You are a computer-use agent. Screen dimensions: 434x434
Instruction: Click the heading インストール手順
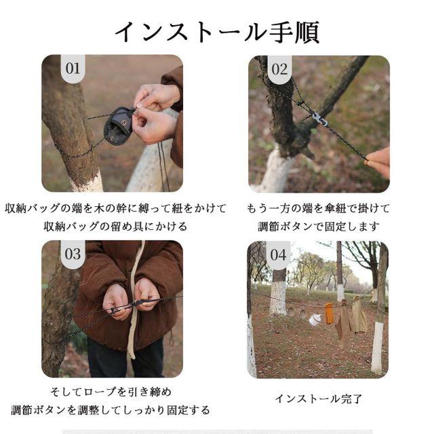click(x=218, y=33)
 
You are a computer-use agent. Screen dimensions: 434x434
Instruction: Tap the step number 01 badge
click(x=73, y=68)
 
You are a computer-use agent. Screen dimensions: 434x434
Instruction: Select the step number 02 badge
click(x=279, y=69)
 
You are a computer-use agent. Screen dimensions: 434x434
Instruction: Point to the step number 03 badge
click(x=73, y=254)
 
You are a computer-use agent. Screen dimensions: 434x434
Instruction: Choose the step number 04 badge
click(x=279, y=255)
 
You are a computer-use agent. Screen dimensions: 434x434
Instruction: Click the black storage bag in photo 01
click(x=117, y=125)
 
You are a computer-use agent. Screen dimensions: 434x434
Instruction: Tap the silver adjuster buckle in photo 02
click(x=319, y=119)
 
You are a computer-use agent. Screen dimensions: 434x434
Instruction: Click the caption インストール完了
click(x=318, y=399)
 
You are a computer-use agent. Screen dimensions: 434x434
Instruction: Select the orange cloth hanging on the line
click(x=329, y=313)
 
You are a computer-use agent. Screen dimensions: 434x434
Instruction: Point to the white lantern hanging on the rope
click(x=315, y=320)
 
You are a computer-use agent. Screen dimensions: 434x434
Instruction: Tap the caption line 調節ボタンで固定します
click(x=319, y=226)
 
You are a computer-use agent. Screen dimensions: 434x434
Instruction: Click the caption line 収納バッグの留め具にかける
click(x=116, y=226)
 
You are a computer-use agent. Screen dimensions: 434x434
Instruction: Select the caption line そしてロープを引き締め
click(x=111, y=392)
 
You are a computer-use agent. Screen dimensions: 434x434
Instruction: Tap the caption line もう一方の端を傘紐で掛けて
click(x=318, y=208)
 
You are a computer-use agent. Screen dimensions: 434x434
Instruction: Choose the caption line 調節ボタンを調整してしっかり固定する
click(x=111, y=410)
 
